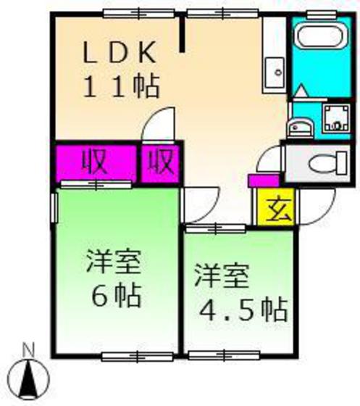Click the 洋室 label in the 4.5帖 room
pyautogui.click(x=220, y=275)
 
